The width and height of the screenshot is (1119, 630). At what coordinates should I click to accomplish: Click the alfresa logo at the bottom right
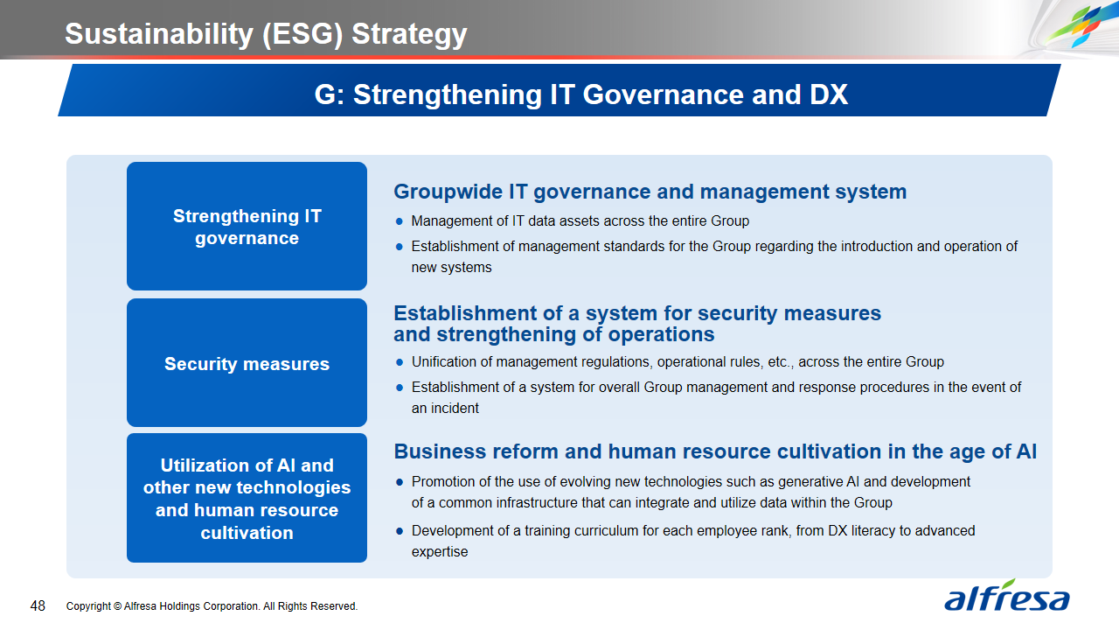pos(1006,596)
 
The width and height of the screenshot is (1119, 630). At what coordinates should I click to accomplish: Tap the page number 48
pos(38,606)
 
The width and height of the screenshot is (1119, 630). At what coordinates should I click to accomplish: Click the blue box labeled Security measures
pos(247,362)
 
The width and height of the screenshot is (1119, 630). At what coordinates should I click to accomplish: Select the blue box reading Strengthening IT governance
pos(247,226)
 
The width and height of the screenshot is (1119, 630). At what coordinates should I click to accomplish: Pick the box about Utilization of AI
pos(247,498)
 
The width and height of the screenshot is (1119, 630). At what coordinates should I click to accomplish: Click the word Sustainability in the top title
pos(159,34)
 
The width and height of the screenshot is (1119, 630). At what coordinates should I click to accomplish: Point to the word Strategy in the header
pos(409,35)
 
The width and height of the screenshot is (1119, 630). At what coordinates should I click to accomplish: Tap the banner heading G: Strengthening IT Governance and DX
pos(581,94)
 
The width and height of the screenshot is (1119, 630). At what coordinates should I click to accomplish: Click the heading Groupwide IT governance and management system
pos(650,192)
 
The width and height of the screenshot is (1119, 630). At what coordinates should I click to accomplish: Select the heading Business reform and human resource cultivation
pos(715,451)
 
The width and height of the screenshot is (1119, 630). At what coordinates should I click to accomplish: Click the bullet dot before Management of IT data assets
pos(400,221)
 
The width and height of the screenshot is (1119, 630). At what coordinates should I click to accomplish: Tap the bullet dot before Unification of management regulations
pos(400,362)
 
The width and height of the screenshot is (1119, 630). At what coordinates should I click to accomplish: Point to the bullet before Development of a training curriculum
pos(400,531)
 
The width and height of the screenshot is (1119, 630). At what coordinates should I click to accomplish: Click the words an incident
pos(445,409)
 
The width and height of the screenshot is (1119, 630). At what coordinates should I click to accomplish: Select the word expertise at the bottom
pos(440,552)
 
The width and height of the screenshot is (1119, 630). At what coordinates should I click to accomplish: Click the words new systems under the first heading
pos(452,268)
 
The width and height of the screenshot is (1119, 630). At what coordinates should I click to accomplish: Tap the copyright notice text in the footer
pos(212,606)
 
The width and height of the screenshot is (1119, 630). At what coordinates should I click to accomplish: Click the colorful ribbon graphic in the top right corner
pos(1074,25)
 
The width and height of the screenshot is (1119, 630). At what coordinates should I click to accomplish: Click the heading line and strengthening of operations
pos(554,334)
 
